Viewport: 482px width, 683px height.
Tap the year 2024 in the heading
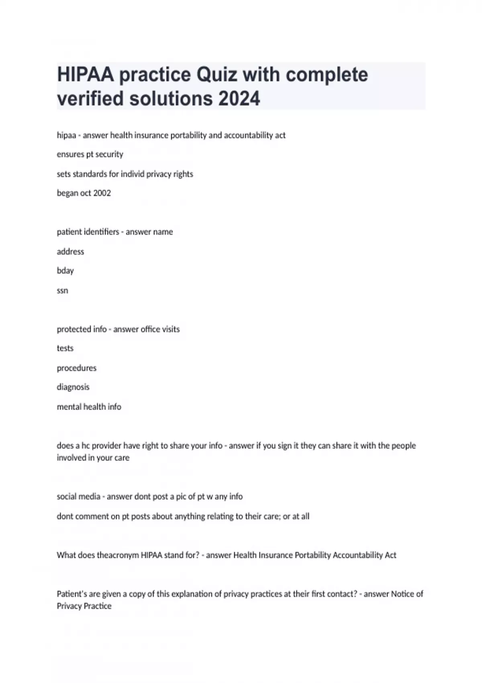(x=239, y=99)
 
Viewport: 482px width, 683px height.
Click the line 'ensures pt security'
(x=90, y=154)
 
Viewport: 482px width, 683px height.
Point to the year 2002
(x=102, y=193)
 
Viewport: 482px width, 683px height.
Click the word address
(x=70, y=252)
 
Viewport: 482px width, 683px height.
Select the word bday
(x=65, y=271)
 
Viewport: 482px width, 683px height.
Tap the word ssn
(x=62, y=290)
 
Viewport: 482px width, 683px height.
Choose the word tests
(x=65, y=348)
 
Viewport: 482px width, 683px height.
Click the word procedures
(x=76, y=368)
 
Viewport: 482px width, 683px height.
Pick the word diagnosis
(x=73, y=387)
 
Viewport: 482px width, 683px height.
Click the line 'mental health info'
(x=89, y=407)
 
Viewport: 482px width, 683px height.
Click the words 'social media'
(x=78, y=497)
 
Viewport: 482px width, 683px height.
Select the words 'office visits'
(x=161, y=329)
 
